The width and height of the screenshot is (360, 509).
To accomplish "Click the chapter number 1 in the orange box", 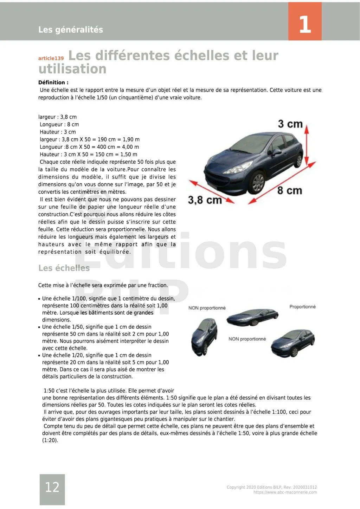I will pyautogui.click(x=305, y=24).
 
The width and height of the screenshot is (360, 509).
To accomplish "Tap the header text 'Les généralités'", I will pyautogui.click(x=71, y=30).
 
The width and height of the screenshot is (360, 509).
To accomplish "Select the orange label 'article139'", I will pyautogui.click(x=51, y=58).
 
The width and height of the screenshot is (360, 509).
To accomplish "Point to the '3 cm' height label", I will pyautogui.click(x=290, y=124).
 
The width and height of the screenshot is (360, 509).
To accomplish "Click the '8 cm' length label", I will pyautogui.click(x=289, y=191).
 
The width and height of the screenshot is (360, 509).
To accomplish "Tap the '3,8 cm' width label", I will pyautogui.click(x=205, y=200).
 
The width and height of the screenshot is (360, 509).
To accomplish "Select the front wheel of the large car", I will pyautogui.click(x=258, y=182).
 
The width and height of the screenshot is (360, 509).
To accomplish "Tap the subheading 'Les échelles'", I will pyautogui.click(x=64, y=268).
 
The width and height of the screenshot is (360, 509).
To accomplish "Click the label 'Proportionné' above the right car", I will pyautogui.click(x=302, y=307).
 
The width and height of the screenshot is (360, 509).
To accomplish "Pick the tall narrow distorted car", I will pyautogui.click(x=204, y=337).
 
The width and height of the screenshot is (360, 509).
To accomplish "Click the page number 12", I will pyautogui.click(x=52, y=487).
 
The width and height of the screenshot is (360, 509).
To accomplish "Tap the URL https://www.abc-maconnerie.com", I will pyautogui.click(x=285, y=492).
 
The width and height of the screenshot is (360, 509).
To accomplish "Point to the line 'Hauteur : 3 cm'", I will pyautogui.click(x=58, y=132).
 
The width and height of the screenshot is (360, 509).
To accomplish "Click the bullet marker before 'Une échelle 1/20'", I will pyautogui.click(x=39, y=355).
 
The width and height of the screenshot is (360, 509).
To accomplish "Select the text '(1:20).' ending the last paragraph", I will pyautogui.click(x=50, y=441).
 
